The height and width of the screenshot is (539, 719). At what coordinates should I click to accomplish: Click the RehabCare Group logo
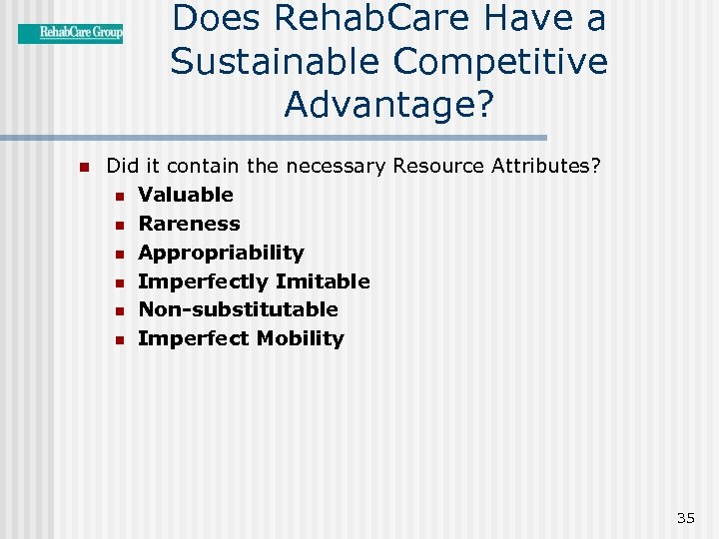click(70, 33)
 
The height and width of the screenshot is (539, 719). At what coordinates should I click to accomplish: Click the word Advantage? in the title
click(388, 103)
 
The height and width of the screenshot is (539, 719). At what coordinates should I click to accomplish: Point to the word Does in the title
click(220, 19)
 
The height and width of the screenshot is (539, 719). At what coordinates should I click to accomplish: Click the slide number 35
click(685, 517)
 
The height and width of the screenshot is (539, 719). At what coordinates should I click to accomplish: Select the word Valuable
click(186, 195)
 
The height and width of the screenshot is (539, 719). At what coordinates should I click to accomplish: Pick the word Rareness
click(189, 224)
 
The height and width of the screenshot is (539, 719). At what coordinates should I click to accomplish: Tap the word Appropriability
click(221, 253)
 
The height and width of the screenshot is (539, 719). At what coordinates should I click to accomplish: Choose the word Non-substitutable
click(238, 309)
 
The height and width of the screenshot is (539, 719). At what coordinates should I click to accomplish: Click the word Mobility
click(300, 338)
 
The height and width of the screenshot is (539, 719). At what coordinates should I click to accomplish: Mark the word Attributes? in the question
click(546, 166)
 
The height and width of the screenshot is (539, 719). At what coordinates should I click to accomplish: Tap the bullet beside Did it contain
click(85, 167)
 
